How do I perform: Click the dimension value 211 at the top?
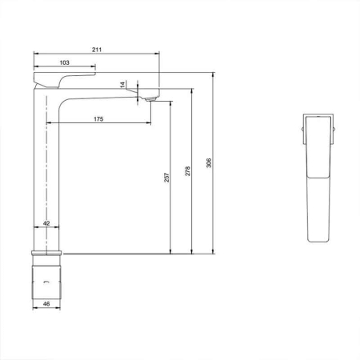tap(96, 50)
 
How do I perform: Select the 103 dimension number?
tap(66, 62)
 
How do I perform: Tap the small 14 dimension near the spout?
tap(122, 84)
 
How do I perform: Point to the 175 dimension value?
tap(98, 119)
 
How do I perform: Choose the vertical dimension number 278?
tap(187, 171)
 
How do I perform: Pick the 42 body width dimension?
tap(46, 224)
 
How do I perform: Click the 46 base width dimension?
tap(46, 305)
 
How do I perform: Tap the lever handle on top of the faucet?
tap(64, 78)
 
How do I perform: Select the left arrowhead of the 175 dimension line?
tap(50, 124)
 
